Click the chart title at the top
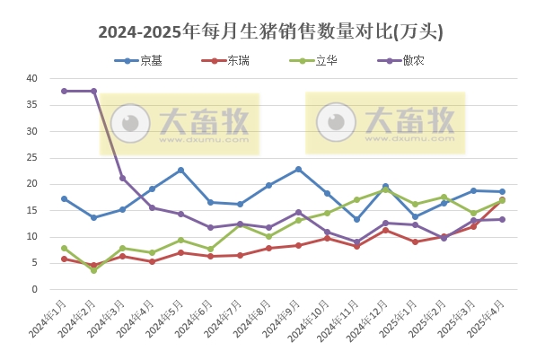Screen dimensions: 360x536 click(269, 32)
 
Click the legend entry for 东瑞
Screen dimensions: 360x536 click(238, 61)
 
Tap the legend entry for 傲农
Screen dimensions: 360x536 click(414, 61)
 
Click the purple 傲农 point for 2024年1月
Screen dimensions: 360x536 click(64, 91)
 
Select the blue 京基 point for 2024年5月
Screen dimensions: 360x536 click(180, 170)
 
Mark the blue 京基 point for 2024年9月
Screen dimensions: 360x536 click(298, 169)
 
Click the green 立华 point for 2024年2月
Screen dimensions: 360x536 click(93, 269)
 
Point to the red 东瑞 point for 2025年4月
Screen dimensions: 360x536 click(502, 200)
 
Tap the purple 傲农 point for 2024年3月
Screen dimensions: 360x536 click(122, 178)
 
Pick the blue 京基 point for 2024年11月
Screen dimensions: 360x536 click(356, 219)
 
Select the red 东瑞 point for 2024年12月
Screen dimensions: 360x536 click(385, 230)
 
